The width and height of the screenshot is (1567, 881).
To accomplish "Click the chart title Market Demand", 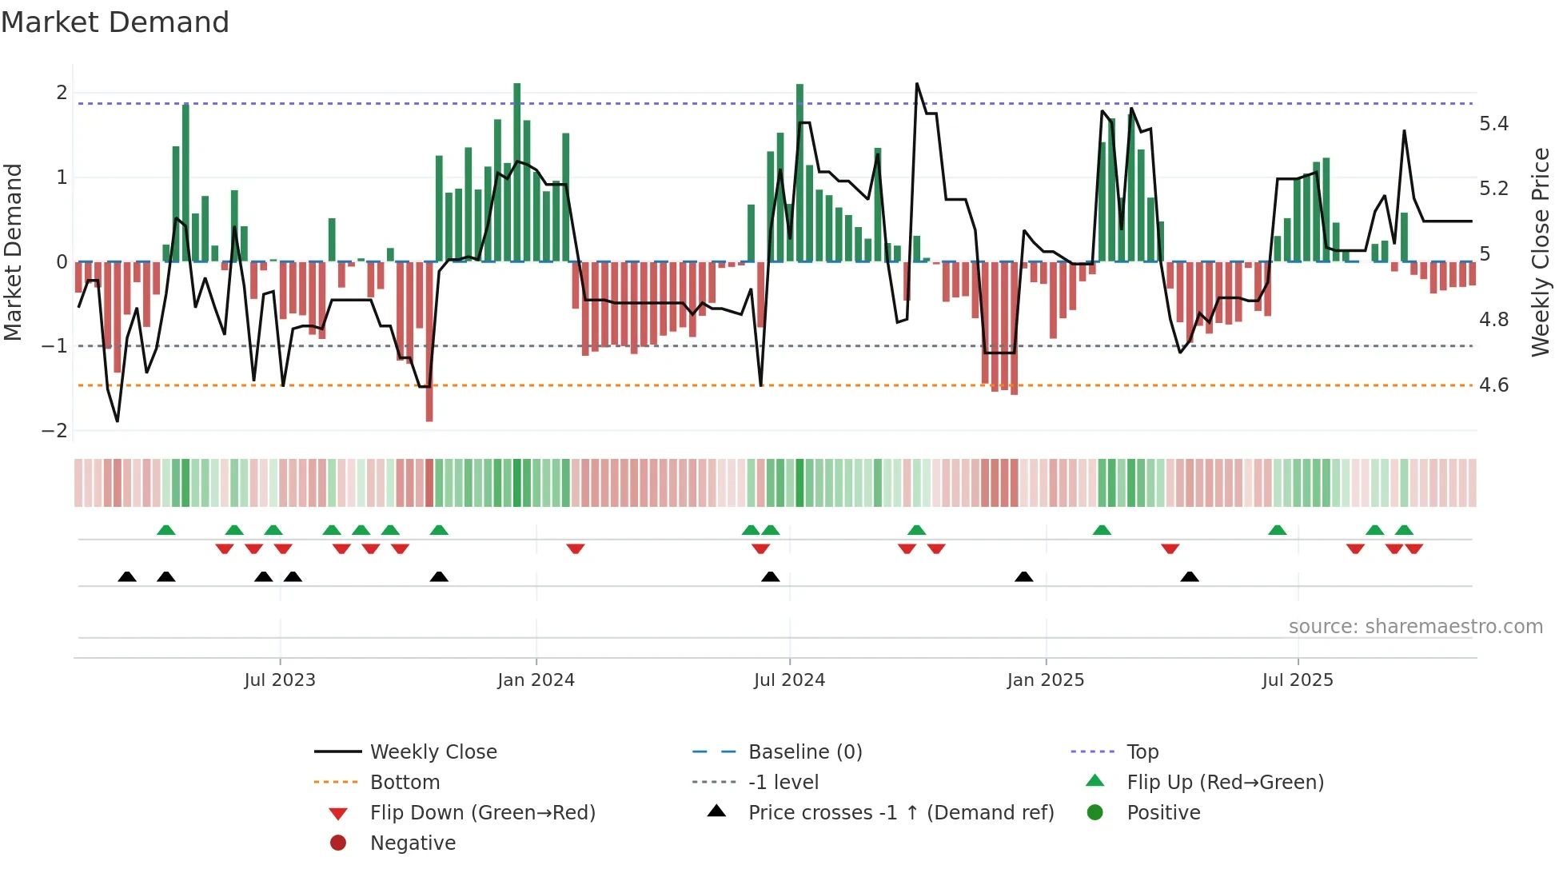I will [115, 22].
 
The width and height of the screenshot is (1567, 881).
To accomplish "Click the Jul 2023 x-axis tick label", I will [280, 680].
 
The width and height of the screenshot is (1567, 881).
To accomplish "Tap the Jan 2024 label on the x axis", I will [536, 680].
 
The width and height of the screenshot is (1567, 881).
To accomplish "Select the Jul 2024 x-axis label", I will [789, 680].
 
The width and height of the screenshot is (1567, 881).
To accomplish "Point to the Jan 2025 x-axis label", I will [1045, 680].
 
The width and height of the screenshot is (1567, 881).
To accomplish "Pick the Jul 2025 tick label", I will [1298, 680].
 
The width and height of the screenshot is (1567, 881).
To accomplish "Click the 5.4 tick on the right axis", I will [1493, 124].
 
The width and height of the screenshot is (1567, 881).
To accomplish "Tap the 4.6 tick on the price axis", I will [1493, 385].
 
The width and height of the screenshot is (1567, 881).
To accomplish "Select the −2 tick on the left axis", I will [54, 431].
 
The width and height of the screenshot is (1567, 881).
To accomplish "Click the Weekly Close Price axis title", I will [1541, 252].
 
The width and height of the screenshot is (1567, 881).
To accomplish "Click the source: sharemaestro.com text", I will [1415, 627].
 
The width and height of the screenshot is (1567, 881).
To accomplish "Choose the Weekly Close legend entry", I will [433, 752].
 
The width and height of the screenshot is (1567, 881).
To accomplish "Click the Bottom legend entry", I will [405, 783].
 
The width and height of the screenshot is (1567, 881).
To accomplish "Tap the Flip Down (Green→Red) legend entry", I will [482, 813].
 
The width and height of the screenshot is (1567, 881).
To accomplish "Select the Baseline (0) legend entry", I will [804, 752].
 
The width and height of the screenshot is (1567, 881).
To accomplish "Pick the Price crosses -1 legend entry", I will [900, 813].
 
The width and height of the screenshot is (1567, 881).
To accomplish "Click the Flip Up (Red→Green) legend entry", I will [1225, 783].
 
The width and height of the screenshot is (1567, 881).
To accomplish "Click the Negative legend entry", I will [413, 843].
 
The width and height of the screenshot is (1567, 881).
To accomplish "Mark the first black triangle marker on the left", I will [127, 576].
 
